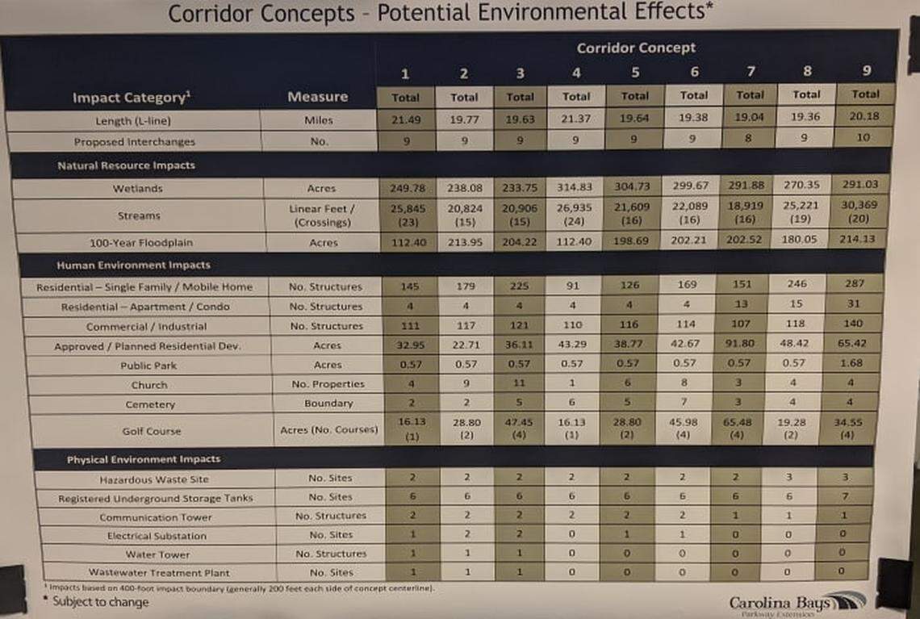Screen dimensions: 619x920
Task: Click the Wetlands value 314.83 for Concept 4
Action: (x=576, y=187)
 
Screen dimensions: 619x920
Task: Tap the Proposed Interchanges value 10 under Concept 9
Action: (x=864, y=138)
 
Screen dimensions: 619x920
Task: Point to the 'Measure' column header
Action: (x=317, y=97)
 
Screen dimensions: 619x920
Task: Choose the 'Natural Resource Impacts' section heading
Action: (x=126, y=165)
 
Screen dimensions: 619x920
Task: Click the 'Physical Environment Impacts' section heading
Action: (x=144, y=459)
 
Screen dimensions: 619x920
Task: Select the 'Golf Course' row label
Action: (x=151, y=431)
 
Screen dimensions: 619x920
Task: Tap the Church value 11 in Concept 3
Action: (x=520, y=384)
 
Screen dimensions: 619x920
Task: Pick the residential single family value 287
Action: (x=855, y=284)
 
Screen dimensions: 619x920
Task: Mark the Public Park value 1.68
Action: (x=854, y=364)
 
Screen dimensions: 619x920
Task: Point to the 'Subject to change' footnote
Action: (x=100, y=602)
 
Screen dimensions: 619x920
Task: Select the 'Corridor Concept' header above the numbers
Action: (x=636, y=48)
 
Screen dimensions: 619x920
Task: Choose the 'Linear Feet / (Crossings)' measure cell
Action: (x=317, y=215)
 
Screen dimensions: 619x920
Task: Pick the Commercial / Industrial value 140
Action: (x=854, y=324)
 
